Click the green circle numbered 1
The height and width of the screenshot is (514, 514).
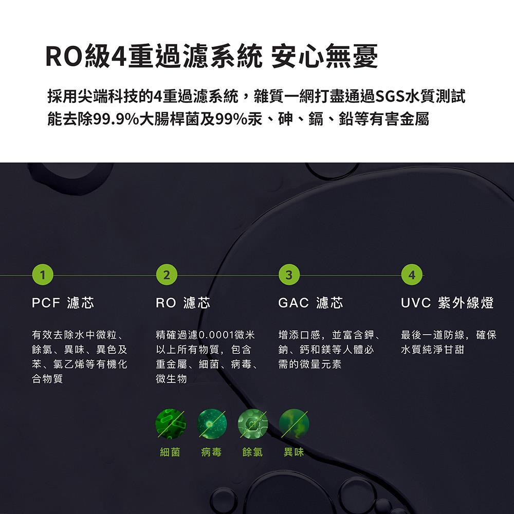click(43, 274)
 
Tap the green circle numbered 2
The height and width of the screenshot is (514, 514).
click(167, 274)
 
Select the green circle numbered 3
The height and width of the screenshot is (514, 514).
click(289, 274)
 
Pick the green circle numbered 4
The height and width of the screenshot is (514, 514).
click(412, 274)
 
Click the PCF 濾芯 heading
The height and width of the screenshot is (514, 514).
click(63, 303)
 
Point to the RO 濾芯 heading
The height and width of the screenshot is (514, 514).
click(183, 303)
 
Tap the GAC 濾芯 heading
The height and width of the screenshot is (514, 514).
click(311, 303)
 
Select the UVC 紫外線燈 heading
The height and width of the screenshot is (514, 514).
click(447, 303)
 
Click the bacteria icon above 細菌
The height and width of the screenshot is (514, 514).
click(171, 424)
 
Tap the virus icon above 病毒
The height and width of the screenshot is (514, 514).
click(212, 424)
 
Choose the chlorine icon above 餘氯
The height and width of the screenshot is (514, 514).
click(253, 424)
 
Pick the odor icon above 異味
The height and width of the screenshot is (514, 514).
click(293, 424)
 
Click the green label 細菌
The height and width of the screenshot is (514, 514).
click(170, 452)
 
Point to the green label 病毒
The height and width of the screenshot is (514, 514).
click(211, 452)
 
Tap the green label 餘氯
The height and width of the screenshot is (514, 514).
click(252, 452)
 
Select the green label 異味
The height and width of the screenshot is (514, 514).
click(293, 452)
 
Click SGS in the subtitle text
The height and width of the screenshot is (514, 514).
click(390, 97)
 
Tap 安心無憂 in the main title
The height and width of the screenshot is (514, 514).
click(324, 57)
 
